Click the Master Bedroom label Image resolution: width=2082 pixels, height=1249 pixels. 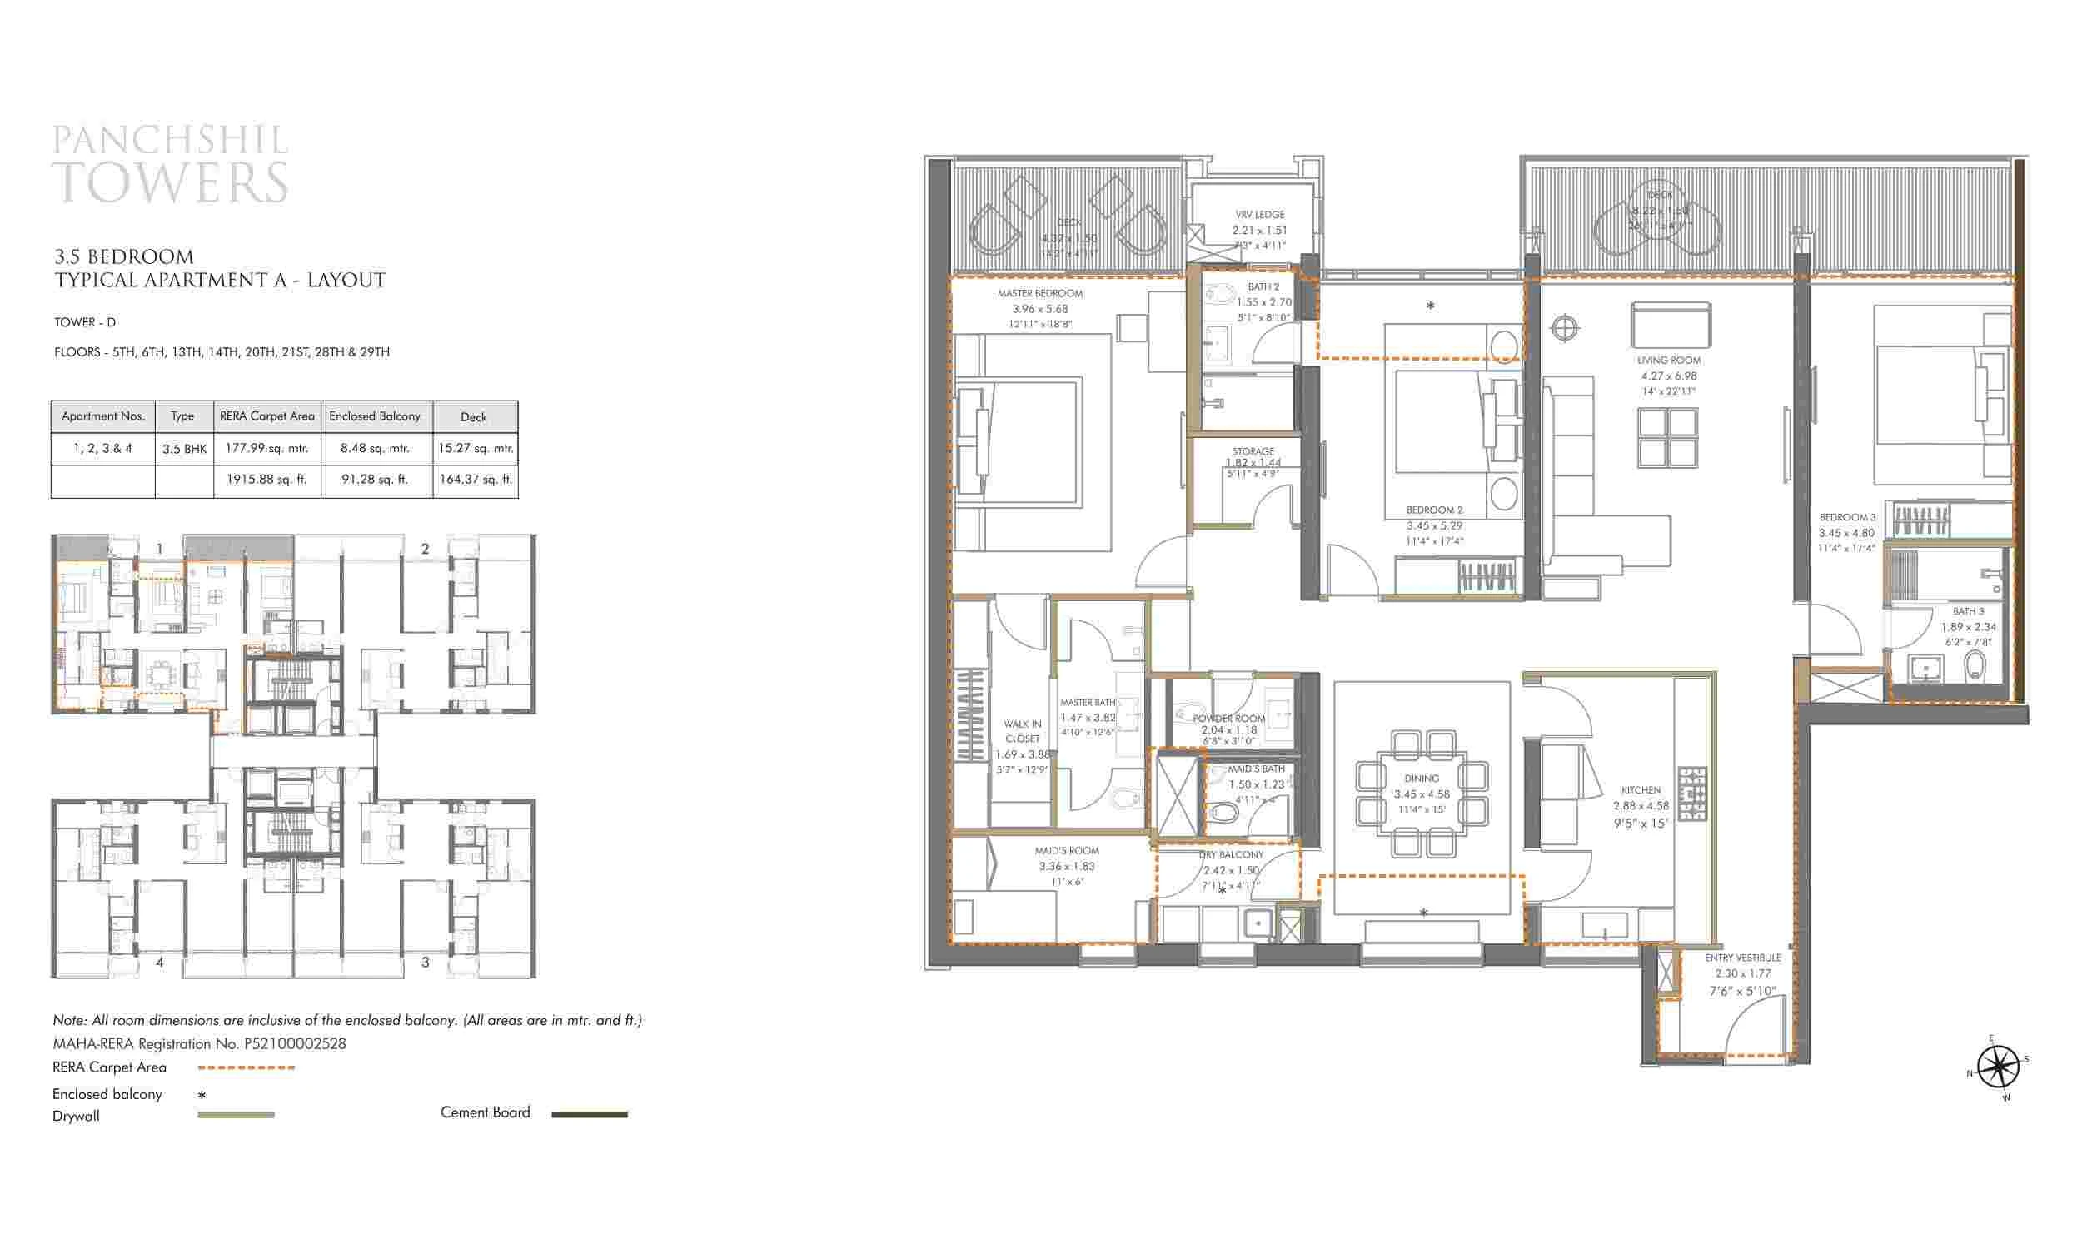(1040, 294)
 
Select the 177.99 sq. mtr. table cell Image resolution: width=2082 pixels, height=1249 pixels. (266, 449)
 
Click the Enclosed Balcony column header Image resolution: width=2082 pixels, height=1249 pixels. (375, 416)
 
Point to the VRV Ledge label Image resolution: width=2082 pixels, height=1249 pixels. (1260, 215)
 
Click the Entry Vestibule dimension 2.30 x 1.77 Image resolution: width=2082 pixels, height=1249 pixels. (1743, 973)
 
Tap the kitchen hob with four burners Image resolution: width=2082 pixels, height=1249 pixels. (1692, 794)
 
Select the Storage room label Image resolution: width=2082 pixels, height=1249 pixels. (1253, 452)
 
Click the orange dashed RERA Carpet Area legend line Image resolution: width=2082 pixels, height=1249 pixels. (246, 1068)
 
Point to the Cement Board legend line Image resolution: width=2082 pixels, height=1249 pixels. (589, 1114)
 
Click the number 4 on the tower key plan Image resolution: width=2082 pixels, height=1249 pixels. (160, 962)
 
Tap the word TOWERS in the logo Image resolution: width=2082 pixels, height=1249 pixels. (171, 182)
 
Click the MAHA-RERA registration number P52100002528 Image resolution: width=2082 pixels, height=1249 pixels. (295, 1043)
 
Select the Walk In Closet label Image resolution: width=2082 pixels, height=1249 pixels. (1023, 730)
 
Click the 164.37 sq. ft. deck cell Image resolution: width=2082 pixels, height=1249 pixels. (475, 480)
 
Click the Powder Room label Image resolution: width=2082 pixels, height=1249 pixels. (1228, 719)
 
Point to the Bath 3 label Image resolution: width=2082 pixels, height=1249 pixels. (1969, 611)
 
